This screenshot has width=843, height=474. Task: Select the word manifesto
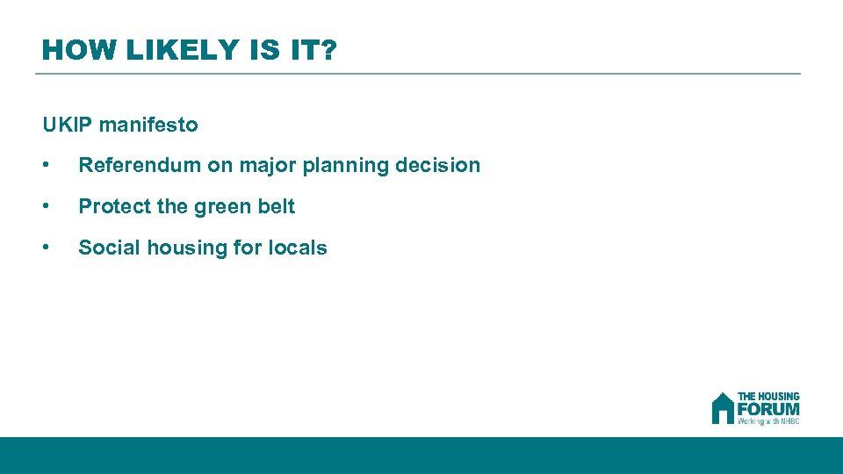[148, 125]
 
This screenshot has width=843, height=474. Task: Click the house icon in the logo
[722, 408]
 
